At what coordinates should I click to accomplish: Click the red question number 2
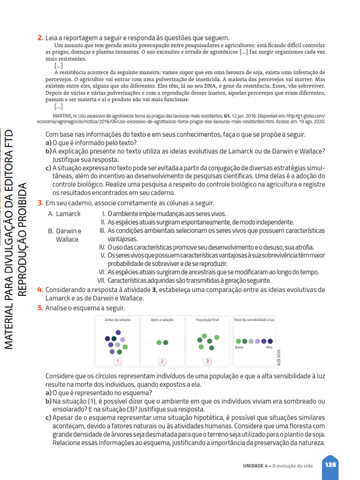point(40,37)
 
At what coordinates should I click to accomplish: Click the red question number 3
point(40,203)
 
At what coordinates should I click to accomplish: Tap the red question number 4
point(40,290)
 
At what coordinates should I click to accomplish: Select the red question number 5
point(40,308)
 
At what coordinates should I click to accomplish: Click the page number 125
point(330,465)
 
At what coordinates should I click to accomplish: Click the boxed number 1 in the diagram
point(118,361)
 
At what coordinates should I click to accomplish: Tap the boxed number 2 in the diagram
point(162,361)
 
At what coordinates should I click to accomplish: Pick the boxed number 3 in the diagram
point(207,361)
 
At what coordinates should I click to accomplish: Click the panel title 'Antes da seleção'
point(118,320)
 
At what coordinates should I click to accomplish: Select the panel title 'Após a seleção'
point(162,320)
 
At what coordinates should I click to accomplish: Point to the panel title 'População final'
point(207,320)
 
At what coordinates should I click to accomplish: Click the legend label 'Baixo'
point(239,347)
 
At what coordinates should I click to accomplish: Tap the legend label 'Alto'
point(269,347)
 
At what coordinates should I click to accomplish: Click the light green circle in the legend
point(239,341)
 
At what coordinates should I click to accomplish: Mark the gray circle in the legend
point(251,341)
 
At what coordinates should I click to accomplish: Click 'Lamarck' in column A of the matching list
point(68,214)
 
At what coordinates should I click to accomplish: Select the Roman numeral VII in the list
point(100,280)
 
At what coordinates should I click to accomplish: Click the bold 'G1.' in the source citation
point(227,115)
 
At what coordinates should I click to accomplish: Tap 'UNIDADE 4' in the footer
point(255,465)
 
